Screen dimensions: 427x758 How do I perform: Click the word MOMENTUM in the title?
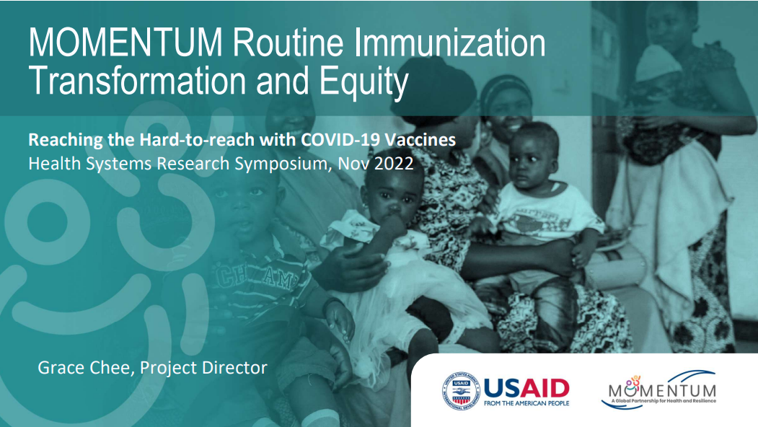(126, 44)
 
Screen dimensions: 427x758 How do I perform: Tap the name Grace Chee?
(84, 368)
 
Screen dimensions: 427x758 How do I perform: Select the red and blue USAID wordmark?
(526, 388)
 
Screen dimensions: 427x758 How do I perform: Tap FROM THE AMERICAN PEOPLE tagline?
(526, 403)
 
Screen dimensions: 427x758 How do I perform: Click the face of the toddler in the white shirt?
(534, 155)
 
